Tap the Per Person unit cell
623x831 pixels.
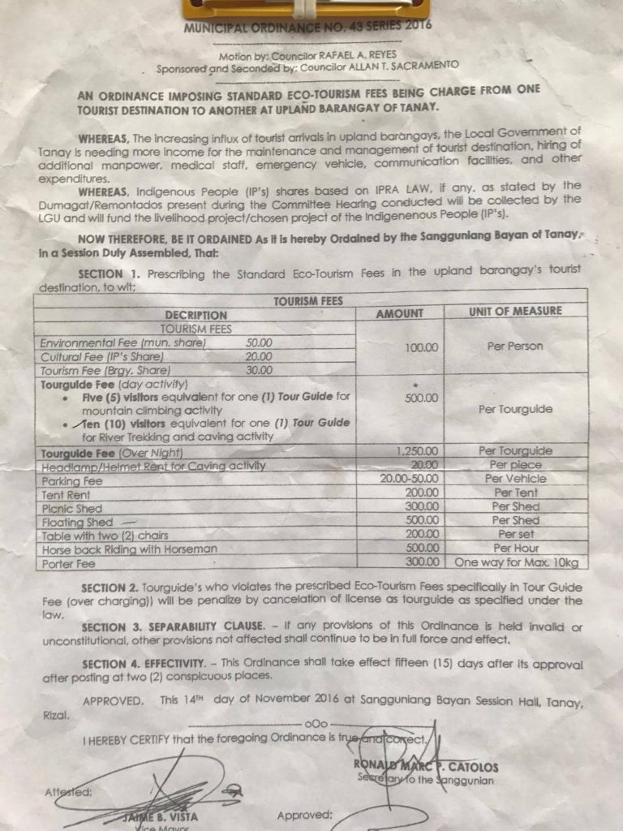tap(514, 347)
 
